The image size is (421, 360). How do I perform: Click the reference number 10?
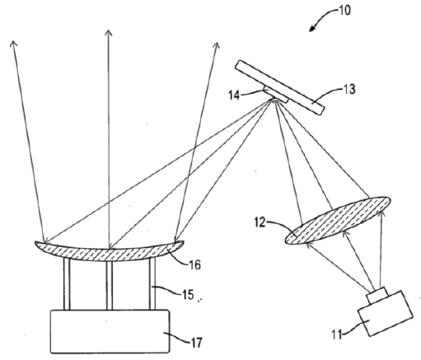coord(345,11)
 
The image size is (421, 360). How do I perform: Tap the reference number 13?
coord(349,90)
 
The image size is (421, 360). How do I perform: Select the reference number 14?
coord(234,96)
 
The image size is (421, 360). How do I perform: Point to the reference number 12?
coord(260,222)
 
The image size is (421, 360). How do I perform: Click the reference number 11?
coord(337,335)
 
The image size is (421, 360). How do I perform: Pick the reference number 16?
coord(194,265)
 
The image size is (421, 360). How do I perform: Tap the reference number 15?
coord(188,295)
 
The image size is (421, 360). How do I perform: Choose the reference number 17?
coord(197,343)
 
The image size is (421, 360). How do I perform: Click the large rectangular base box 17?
coord(110,331)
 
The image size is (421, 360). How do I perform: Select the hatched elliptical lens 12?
coord(338,220)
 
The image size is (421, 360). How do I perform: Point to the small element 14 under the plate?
coord(276,95)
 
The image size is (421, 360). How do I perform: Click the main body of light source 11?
coord(386,313)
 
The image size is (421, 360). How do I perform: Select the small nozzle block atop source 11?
coord(377,296)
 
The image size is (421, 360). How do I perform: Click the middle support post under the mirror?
coord(110,286)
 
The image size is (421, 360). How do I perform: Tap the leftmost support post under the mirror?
coord(67,284)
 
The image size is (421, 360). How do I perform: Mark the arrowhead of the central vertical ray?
coord(109,33)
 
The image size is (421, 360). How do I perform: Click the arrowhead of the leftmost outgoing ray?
coord(13,44)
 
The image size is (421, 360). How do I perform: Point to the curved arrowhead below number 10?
coord(312,28)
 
